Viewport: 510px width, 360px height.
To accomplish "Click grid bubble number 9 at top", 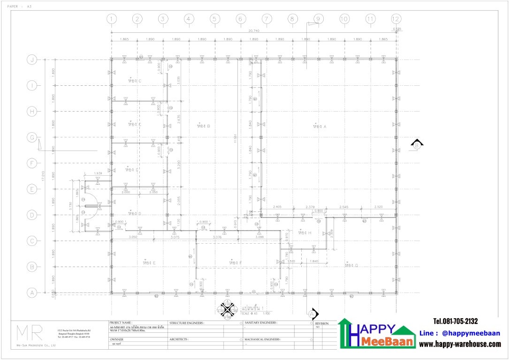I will pos(318,19).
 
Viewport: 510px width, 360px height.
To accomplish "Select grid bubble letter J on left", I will pos(32,60).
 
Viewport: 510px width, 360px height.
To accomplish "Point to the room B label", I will pos(203,126).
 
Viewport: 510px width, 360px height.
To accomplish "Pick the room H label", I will pos(304,233).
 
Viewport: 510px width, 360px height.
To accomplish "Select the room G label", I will pos(351,265).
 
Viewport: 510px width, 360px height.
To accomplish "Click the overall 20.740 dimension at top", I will pos(254,30).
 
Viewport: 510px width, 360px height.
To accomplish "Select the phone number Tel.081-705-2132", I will pos(455,322).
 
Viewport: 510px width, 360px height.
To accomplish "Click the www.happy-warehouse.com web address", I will pos(460,344).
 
